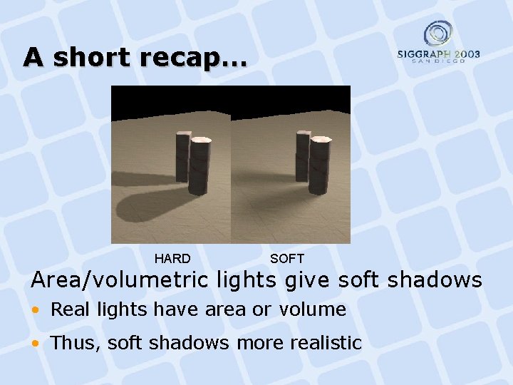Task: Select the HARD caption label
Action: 172,258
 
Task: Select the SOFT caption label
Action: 287,258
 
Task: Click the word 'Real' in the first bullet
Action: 68,309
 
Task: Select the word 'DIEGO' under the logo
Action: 452,61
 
